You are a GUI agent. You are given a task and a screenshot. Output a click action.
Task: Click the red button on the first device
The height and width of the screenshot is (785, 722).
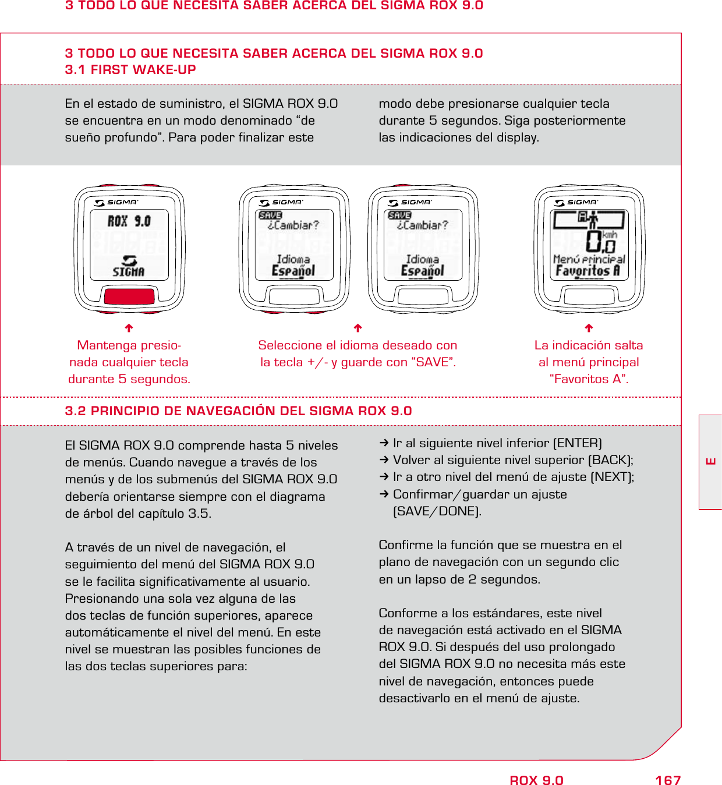tap(129, 296)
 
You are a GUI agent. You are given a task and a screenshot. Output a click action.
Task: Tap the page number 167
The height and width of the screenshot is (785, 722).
tap(668, 780)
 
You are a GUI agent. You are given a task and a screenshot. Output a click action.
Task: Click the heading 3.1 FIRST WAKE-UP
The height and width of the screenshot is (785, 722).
tap(130, 70)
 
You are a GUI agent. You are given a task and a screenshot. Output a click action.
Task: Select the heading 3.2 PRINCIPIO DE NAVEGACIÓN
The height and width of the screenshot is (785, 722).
tap(238, 411)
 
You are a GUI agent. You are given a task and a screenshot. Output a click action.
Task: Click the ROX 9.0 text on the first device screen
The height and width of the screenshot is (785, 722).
tap(129, 221)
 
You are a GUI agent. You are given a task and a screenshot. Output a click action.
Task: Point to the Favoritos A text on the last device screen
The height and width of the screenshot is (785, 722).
tap(587, 271)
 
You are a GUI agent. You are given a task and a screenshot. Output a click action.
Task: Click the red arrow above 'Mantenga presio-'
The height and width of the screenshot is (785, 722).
tap(129, 328)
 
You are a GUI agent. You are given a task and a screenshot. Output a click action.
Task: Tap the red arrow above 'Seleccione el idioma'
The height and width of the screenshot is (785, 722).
tap(358, 328)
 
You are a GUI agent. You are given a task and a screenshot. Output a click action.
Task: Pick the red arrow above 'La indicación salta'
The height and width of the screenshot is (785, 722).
tap(589, 328)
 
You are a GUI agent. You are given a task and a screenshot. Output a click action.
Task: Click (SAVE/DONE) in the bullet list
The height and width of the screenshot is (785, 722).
tap(437, 511)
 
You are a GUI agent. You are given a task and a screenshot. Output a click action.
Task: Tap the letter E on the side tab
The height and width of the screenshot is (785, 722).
tap(711, 462)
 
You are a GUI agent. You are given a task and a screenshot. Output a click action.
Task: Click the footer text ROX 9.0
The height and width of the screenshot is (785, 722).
tap(536, 780)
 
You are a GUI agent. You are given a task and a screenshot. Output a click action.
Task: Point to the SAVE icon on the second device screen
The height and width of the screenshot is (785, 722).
tap(270, 215)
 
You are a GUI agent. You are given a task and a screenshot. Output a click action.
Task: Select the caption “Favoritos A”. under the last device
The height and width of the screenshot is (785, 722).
tap(589, 379)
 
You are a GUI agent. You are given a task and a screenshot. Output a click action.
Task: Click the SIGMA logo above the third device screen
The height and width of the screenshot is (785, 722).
tap(410, 202)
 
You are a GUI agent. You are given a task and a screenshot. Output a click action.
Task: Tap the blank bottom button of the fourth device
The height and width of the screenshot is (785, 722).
tap(589, 296)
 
